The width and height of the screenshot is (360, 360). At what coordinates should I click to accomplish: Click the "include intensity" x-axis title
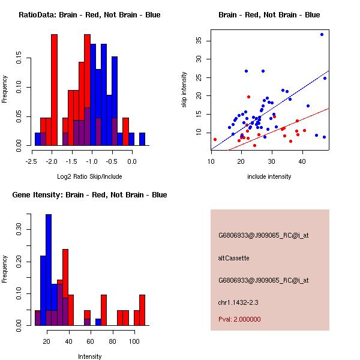269,176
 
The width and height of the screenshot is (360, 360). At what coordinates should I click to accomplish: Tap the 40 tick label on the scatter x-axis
302,161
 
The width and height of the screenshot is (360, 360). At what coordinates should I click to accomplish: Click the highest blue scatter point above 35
322,34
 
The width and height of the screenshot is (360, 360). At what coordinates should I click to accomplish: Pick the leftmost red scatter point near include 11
215,139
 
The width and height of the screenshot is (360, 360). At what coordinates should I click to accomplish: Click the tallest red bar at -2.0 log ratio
54,90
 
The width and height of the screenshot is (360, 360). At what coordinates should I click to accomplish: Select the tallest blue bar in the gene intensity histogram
49,270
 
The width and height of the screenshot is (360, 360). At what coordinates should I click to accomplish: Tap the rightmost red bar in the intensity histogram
142,310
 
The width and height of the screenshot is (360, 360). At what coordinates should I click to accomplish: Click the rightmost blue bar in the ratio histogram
142,139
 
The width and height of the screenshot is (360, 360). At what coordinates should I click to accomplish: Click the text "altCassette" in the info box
234,258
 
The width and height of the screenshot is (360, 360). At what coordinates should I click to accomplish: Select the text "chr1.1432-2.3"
238,302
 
